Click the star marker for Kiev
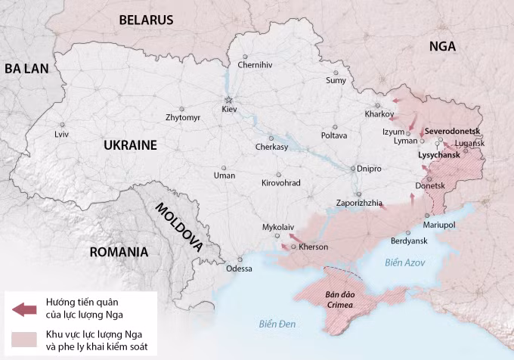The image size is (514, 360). [x=228, y=100]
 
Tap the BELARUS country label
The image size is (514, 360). [x=146, y=20]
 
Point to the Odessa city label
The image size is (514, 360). [x=239, y=268]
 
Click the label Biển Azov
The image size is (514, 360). [x=404, y=262]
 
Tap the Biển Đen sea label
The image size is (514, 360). [x=277, y=324]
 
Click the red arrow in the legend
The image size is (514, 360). [x=24, y=309]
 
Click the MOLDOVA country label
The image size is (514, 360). [x=179, y=226]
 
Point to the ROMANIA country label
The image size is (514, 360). [x=119, y=252]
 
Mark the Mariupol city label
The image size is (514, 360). [x=439, y=225]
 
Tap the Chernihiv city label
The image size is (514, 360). [x=255, y=65]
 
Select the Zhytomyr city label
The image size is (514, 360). [x=183, y=118]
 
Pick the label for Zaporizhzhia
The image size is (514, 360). [x=359, y=203]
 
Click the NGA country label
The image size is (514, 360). [x=442, y=46]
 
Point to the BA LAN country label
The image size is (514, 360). [x=26, y=68]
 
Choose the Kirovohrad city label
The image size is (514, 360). [x=280, y=183]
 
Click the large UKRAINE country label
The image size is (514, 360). [x=129, y=145]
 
